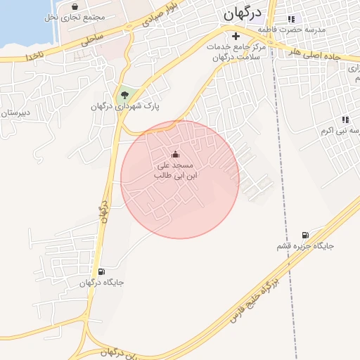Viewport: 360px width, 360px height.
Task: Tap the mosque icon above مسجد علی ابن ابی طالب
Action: [175, 155]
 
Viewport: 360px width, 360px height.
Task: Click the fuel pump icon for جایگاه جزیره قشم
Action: [304, 235]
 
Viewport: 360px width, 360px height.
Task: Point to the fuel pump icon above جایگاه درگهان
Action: [101, 271]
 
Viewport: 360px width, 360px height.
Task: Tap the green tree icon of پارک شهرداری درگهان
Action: [124, 94]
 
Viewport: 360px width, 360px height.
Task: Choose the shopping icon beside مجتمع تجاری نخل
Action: [75, 6]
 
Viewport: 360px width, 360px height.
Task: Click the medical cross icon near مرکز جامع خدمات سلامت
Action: [236, 35]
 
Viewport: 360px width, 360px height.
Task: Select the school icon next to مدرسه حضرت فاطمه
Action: [291, 19]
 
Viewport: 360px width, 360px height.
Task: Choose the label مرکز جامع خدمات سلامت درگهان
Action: [236, 51]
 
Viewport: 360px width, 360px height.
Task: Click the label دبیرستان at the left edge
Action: [15, 112]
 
